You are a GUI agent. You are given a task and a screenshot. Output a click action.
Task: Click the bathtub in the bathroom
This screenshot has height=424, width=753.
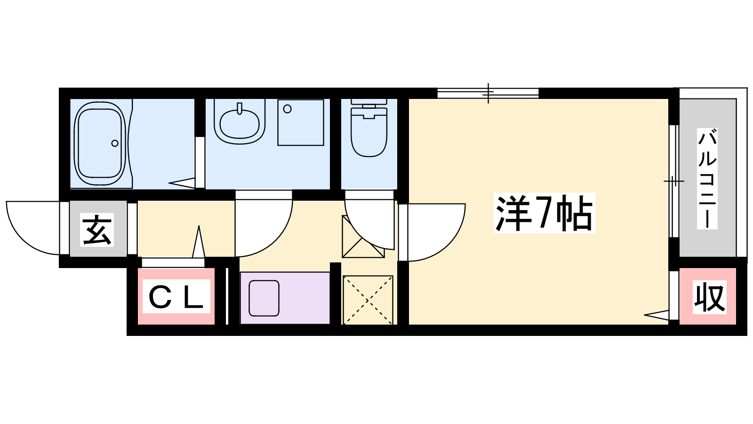point(100,143)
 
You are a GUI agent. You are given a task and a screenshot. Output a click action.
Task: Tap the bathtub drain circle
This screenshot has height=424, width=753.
point(115,143)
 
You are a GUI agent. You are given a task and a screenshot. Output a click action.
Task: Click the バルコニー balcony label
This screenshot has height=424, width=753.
point(707,179)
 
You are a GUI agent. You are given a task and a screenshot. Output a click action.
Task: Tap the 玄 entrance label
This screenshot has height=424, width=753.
point(97,229)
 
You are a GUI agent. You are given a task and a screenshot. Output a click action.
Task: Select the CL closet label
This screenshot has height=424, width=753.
point(176,296)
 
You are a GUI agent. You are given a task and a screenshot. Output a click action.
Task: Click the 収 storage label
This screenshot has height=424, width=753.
point(710,297)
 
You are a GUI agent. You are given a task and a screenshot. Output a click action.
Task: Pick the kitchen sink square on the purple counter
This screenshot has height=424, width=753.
point(264,298)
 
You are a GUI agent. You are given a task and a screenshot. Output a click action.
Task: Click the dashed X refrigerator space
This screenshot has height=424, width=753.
point(368,300)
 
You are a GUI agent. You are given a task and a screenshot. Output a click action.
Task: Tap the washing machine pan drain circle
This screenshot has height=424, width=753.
point(288,109)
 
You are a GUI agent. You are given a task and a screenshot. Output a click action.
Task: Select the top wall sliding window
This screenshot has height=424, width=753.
point(488,93)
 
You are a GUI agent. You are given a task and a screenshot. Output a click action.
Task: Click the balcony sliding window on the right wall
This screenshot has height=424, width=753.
point(673,181)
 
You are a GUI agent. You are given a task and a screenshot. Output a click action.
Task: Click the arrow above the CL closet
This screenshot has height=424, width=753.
point(199,242)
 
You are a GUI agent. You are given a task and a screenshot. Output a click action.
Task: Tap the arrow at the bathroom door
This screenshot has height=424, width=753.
point(182,183)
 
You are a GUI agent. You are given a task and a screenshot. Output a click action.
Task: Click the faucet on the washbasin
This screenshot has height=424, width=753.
point(240,109)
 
